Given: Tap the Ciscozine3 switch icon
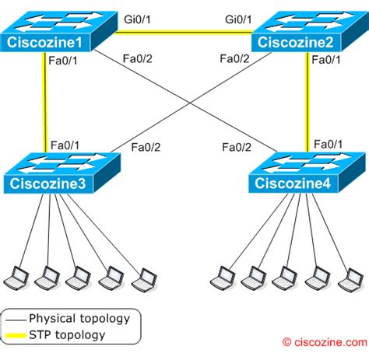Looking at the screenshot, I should coord(58,173).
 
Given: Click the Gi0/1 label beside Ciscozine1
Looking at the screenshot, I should coord(140,18).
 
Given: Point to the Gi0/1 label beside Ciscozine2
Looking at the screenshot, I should coord(239,18).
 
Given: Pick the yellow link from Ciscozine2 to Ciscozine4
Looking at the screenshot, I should coord(307,101).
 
